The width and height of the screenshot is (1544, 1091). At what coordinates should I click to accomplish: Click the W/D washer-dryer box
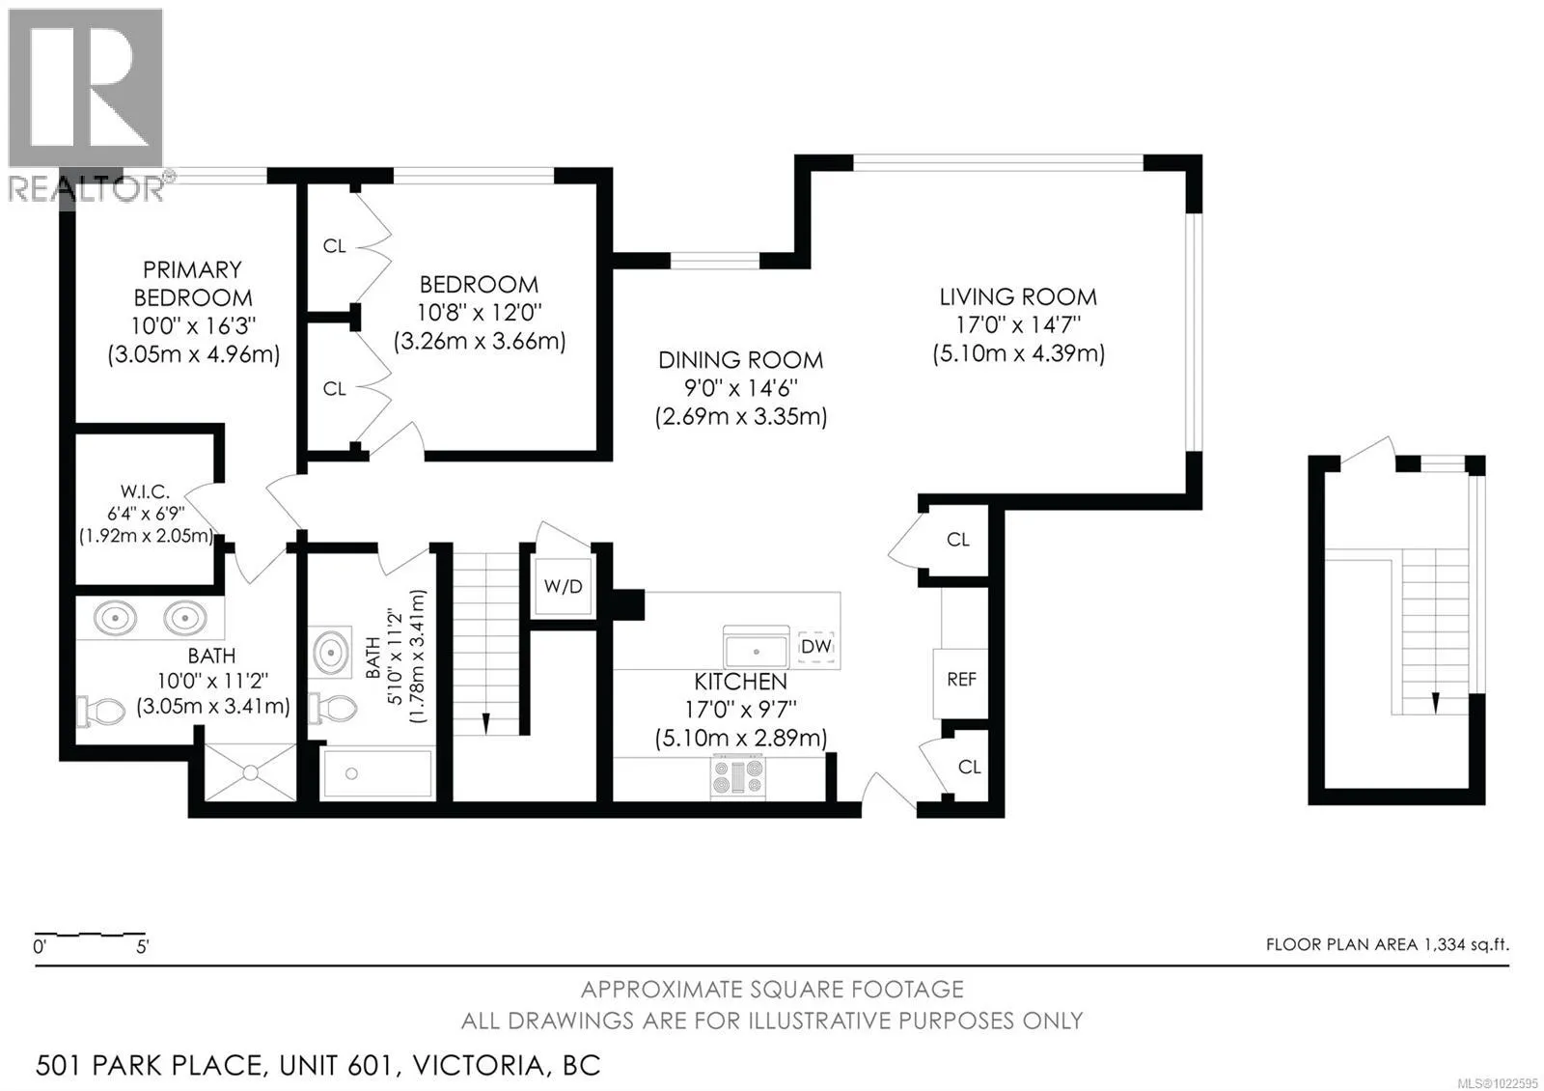pyautogui.click(x=564, y=586)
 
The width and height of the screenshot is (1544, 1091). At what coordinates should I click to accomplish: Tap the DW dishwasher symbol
pyautogui.click(x=816, y=647)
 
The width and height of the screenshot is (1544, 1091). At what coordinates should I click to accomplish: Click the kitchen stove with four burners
pyautogui.click(x=737, y=777)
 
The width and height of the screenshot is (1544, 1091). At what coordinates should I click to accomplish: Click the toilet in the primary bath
pyautogui.click(x=100, y=711)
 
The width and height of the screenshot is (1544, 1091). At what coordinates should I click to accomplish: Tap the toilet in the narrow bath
pyautogui.click(x=333, y=709)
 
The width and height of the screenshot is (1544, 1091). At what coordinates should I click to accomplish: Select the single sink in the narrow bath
pyautogui.click(x=331, y=653)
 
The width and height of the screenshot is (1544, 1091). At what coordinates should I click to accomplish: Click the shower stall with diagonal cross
pyautogui.click(x=250, y=772)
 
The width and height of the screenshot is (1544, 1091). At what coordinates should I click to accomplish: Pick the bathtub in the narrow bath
pyautogui.click(x=376, y=773)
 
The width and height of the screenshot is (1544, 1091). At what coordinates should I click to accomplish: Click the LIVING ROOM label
pyautogui.click(x=1018, y=297)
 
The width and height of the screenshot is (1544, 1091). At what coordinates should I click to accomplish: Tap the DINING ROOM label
pyautogui.click(x=741, y=360)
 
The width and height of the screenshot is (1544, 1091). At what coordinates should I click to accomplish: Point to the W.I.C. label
pyautogui.click(x=145, y=491)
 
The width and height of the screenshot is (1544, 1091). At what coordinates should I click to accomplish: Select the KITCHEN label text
pyautogui.click(x=740, y=682)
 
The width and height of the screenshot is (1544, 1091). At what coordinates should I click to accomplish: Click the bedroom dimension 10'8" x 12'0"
pyautogui.click(x=479, y=313)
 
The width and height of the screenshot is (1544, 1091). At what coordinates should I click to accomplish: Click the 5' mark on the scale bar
pyautogui.click(x=142, y=947)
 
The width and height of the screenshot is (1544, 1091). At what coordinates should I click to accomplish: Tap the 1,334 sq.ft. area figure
pyautogui.click(x=1464, y=944)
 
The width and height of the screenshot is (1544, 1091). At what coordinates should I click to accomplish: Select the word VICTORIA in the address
pyautogui.click(x=479, y=1066)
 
